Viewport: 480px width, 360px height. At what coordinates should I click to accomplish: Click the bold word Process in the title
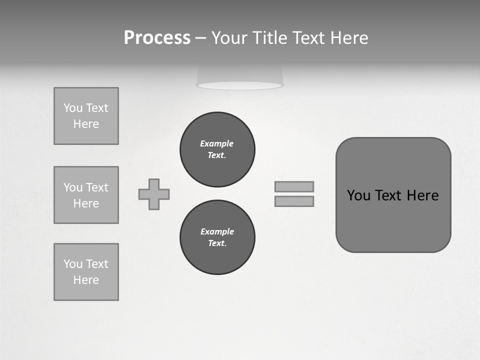pos(157,38)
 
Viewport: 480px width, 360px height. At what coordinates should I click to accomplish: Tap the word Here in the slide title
pos(348,38)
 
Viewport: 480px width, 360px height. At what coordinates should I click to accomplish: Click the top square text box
pos(86,116)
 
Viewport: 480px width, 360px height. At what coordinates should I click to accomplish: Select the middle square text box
pos(86,195)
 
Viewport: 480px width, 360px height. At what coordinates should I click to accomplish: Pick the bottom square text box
pos(86,272)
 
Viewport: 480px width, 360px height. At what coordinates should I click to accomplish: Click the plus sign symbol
pos(154,194)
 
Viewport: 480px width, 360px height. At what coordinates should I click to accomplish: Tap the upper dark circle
pos(217,149)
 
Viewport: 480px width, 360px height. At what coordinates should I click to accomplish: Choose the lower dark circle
pos(217,237)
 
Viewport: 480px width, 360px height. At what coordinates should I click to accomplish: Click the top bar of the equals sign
pos(294,186)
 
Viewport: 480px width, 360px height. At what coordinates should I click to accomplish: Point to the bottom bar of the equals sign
pos(294,201)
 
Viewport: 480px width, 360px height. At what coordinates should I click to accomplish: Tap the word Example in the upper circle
pos(216,143)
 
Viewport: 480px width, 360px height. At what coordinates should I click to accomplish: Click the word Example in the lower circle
pos(217,231)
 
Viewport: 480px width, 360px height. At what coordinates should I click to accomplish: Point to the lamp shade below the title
pos(240,77)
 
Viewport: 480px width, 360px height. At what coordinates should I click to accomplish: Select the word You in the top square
pos(73,108)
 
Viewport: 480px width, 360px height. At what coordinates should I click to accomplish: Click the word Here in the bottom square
pos(86,280)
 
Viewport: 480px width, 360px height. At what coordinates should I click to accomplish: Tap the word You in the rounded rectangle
pos(358,195)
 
